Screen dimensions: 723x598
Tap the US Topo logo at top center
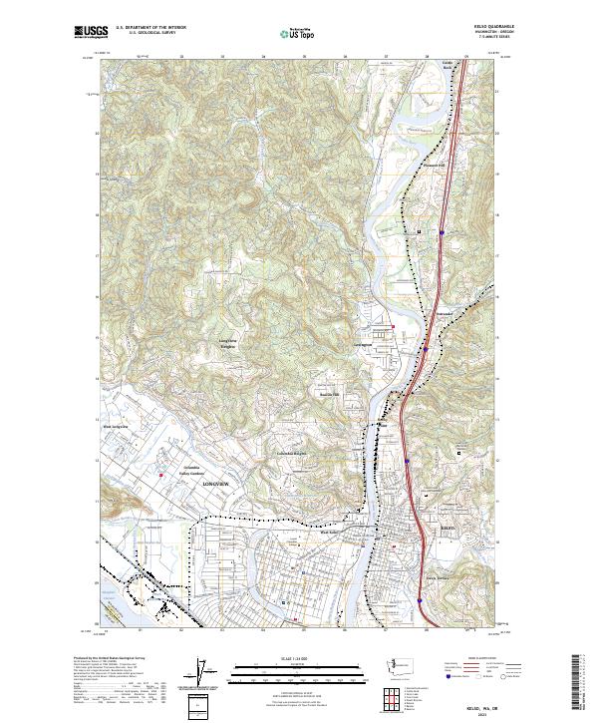(288, 33)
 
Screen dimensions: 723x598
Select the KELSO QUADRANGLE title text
(471, 28)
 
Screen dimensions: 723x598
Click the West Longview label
(118, 427)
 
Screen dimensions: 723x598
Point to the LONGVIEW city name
(215, 484)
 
